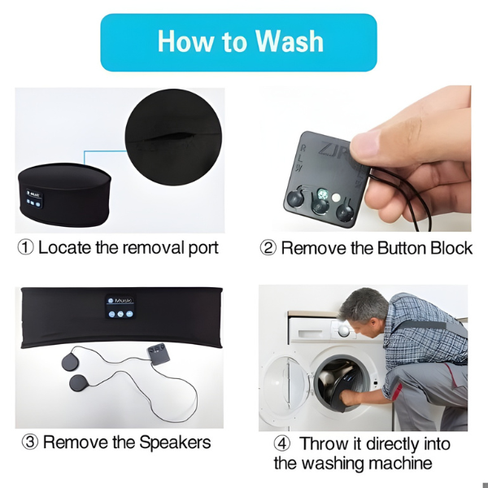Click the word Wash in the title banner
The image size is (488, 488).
pyautogui.click(x=290, y=41)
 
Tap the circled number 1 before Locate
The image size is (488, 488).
pyautogui.click(x=25, y=248)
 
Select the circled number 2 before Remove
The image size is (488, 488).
pyautogui.click(x=268, y=248)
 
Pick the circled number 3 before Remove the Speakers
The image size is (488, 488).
pyautogui.click(x=30, y=442)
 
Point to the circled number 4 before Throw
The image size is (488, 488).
pyautogui.click(x=282, y=444)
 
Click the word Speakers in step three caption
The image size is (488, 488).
pyautogui.click(x=175, y=442)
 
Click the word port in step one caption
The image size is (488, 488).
pyautogui.click(x=203, y=249)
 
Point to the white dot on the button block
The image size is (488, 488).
pyautogui.click(x=336, y=198)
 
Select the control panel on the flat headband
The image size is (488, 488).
pyautogui.click(x=120, y=307)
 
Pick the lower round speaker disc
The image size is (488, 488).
pyautogui.click(x=78, y=383)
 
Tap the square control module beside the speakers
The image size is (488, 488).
pyautogui.click(x=159, y=354)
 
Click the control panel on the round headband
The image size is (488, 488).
pyautogui.click(x=34, y=198)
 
